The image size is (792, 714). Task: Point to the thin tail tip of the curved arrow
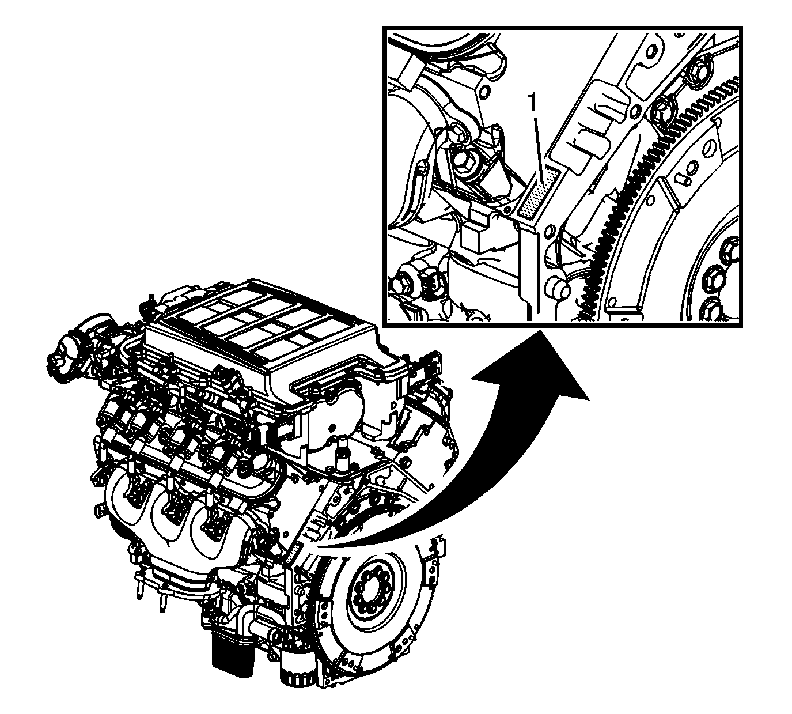(312, 547)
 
